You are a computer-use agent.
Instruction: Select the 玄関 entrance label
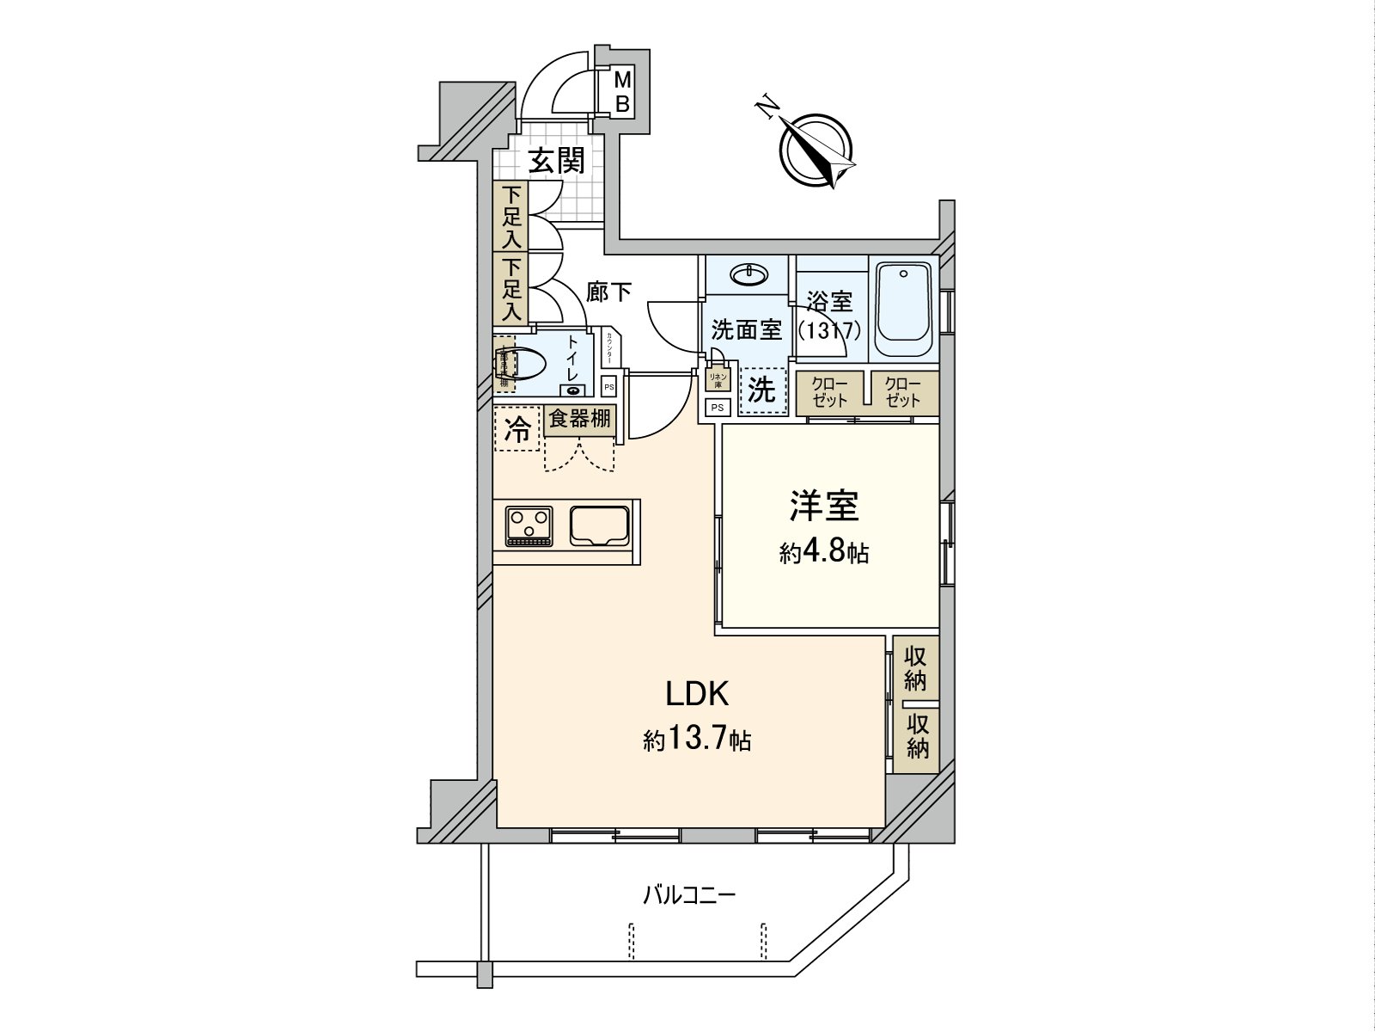[x=556, y=161]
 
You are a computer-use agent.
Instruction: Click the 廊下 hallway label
[x=608, y=292]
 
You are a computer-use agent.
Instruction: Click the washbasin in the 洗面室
[x=746, y=275]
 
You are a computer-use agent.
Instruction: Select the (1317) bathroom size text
[x=829, y=330]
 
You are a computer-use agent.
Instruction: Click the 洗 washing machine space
[x=761, y=391]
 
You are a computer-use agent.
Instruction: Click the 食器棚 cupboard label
[x=580, y=420]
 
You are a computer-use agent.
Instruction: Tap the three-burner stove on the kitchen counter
[x=529, y=525]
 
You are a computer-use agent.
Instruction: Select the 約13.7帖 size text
[x=698, y=738]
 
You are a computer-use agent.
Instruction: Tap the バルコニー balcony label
[x=689, y=896]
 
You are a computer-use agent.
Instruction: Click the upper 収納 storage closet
[x=915, y=668]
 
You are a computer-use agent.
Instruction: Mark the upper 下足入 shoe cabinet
[x=512, y=217]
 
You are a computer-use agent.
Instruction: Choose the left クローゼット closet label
[x=830, y=392]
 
